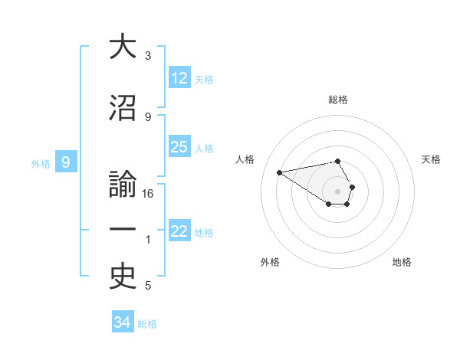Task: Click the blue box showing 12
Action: [x=179, y=78]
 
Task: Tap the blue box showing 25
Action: [x=179, y=147]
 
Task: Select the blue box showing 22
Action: [x=179, y=231]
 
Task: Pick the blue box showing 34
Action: [x=123, y=322]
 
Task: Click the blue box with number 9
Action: [x=67, y=162]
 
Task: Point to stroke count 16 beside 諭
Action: [x=148, y=194]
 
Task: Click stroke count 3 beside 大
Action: [x=148, y=56]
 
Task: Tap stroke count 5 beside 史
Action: [x=148, y=286]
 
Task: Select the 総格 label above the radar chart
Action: [x=338, y=100]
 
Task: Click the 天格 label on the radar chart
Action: [x=432, y=159]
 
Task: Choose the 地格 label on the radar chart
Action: [x=402, y=262]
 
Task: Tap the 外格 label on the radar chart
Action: [x=270, y=262]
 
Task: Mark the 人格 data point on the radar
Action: [x=279, y=172]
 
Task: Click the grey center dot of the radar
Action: [x=337, y=191]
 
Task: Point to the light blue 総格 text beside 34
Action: [x=147, y=324]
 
